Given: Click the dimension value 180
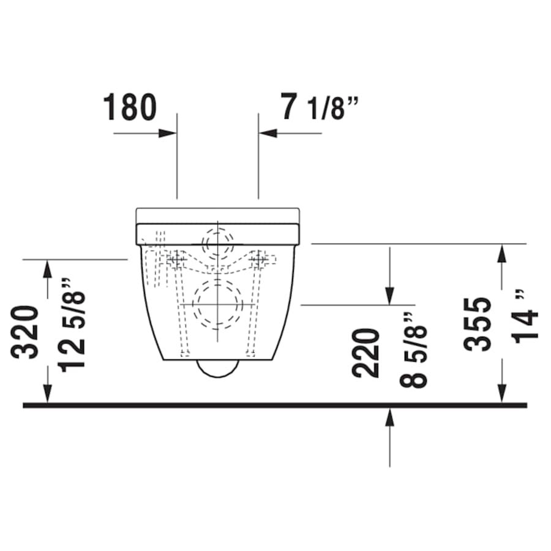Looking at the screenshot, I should tap(130, 107).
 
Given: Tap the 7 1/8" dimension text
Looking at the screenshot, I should tap(319, 107).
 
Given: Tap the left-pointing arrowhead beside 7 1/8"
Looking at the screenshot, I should tap(267, 133).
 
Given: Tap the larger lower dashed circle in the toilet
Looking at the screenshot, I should tap(217, 304).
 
